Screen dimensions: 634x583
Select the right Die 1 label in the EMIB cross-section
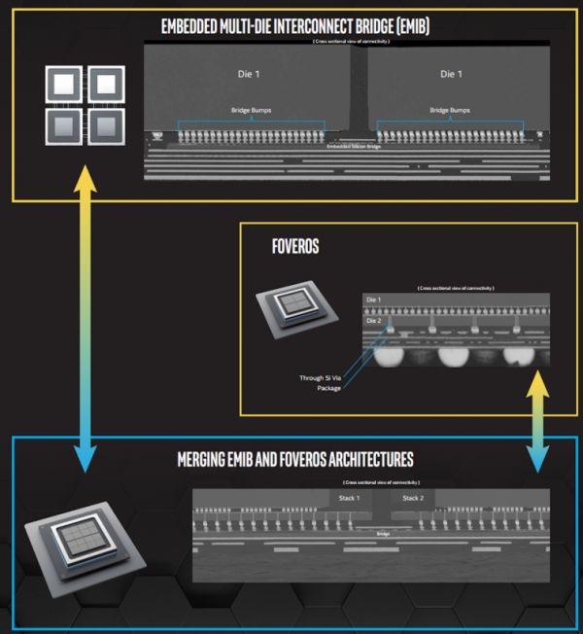(450, 74)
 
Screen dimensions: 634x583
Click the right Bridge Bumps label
(450, 111)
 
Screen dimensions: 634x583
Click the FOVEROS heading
(295, 248)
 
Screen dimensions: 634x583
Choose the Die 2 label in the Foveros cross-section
(374, 319)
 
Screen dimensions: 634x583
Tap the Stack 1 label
(350, 498)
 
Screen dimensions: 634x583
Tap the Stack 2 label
(413, 498)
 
